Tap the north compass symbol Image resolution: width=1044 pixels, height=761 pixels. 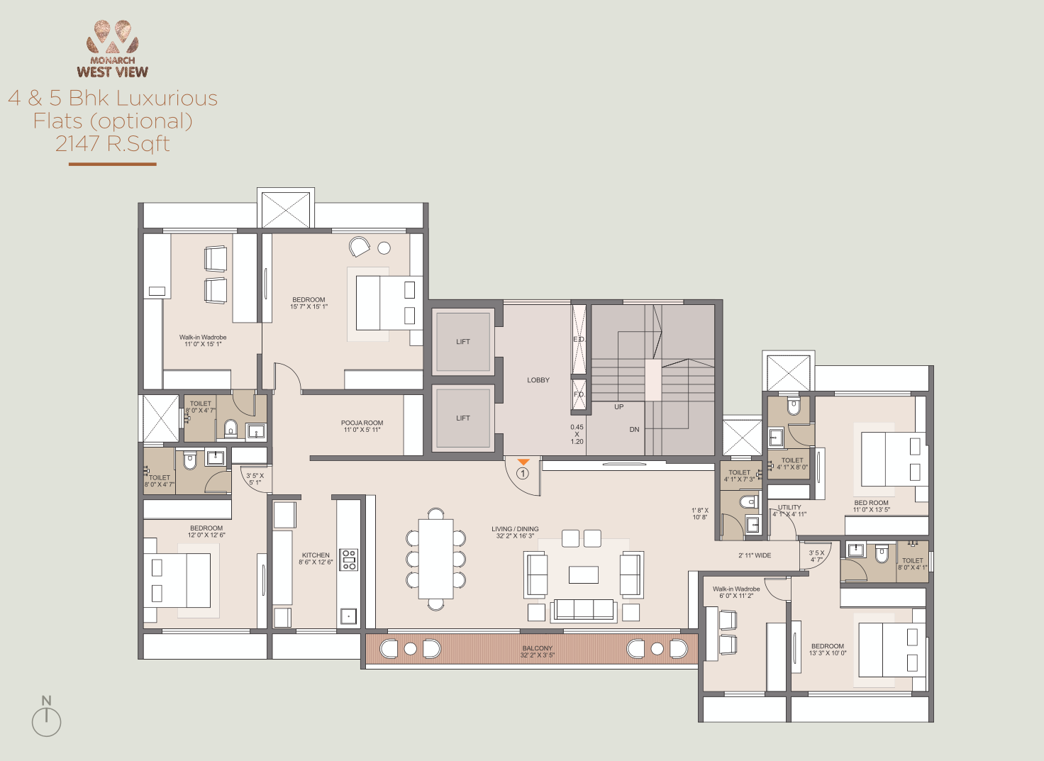(x=47, y=718)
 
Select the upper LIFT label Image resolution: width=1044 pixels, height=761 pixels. (x=463, y=342)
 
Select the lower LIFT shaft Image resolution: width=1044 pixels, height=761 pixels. (x=463, y=418)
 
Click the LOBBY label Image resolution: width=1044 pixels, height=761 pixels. (x=538, y=380)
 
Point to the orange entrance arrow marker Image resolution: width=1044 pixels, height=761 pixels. (x=523, y=462)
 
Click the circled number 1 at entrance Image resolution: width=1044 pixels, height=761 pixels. (x=523, y=473)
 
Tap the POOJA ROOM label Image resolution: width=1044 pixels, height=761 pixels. (x=362, y=423)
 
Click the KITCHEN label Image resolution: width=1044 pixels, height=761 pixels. (x=316, y=555)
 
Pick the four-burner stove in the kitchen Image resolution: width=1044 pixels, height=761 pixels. (x=348, y=560)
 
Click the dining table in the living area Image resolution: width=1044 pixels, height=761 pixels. (x=435, y=559)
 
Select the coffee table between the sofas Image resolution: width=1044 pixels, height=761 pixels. (x=583, y=574)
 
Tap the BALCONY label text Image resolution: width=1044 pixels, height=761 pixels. (x=537, y=648)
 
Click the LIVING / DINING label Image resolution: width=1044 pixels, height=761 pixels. (x=515, y=529)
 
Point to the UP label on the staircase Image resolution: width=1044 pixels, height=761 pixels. (x=619, y=407)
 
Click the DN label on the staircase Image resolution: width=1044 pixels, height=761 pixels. (x=634, y=430)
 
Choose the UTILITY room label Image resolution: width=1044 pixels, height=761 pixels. (x=789, y=507)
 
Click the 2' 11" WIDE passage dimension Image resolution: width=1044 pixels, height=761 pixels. (x=755, y=555)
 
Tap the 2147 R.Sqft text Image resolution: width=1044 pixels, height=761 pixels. (x=113, y=144)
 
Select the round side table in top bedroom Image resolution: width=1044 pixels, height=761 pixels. (x=384, y=248)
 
